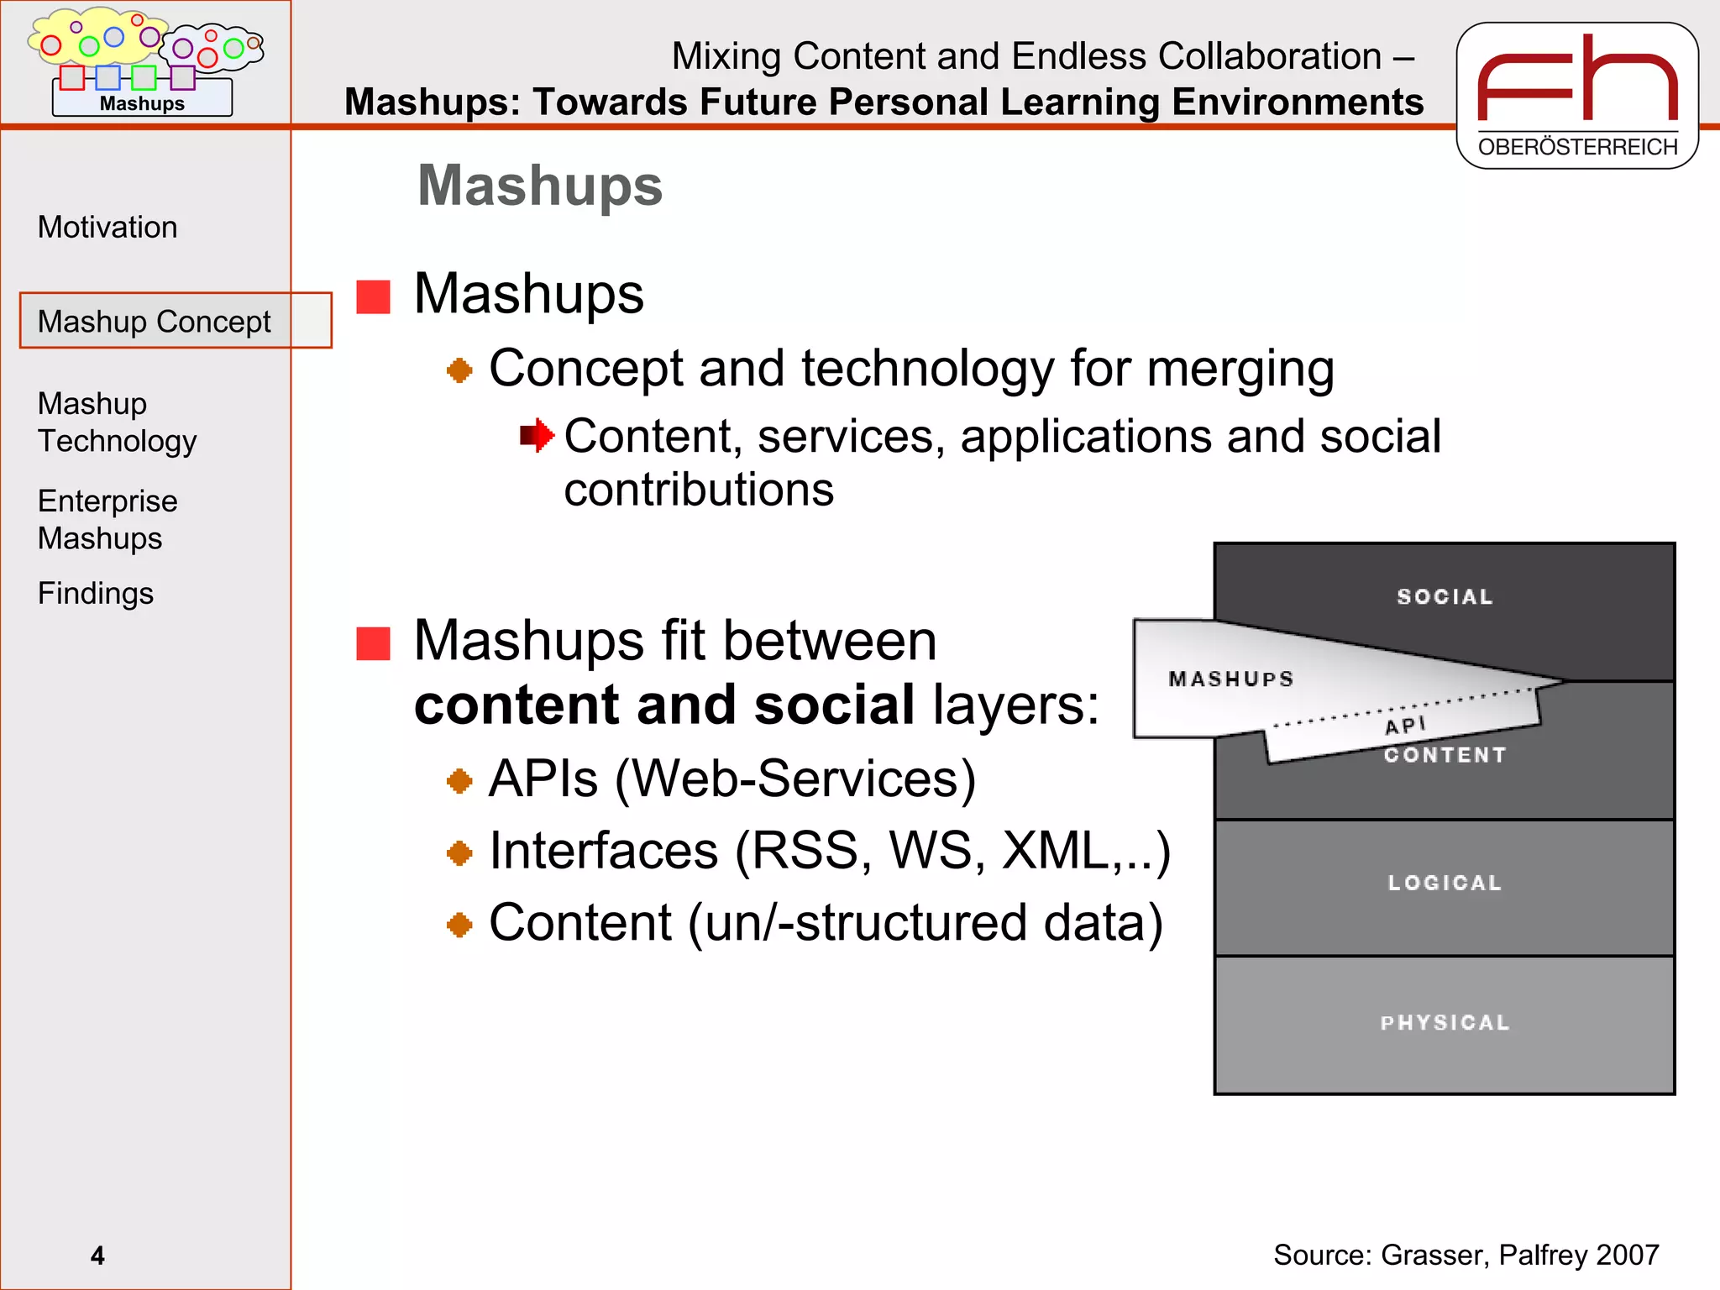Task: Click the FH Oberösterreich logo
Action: tap(1576, 95)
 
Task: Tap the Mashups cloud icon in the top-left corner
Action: tap(144, 61)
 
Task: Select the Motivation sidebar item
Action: tap(107, 228)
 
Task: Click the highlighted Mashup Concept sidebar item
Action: tap(155, 322)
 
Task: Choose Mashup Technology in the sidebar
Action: tap(117, 422)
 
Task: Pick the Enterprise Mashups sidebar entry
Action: tap(107, 520)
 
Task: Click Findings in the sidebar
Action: tap(96, 594)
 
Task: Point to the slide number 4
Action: tap(97, 1256)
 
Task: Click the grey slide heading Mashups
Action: tap(540, 186)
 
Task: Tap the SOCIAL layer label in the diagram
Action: tap(1445, 597)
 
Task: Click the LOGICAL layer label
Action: tap(1445, 883)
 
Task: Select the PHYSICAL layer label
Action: tap(1445, 1023)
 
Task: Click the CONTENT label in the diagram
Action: tap(1445, 755)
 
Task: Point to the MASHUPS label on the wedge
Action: tap(1230, 679)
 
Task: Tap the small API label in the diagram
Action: tap(1405, 725)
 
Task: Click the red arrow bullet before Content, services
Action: tap(537, 436)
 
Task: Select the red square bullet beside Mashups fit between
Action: tap(373, 644)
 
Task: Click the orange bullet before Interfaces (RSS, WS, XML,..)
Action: tap(459, 854)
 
